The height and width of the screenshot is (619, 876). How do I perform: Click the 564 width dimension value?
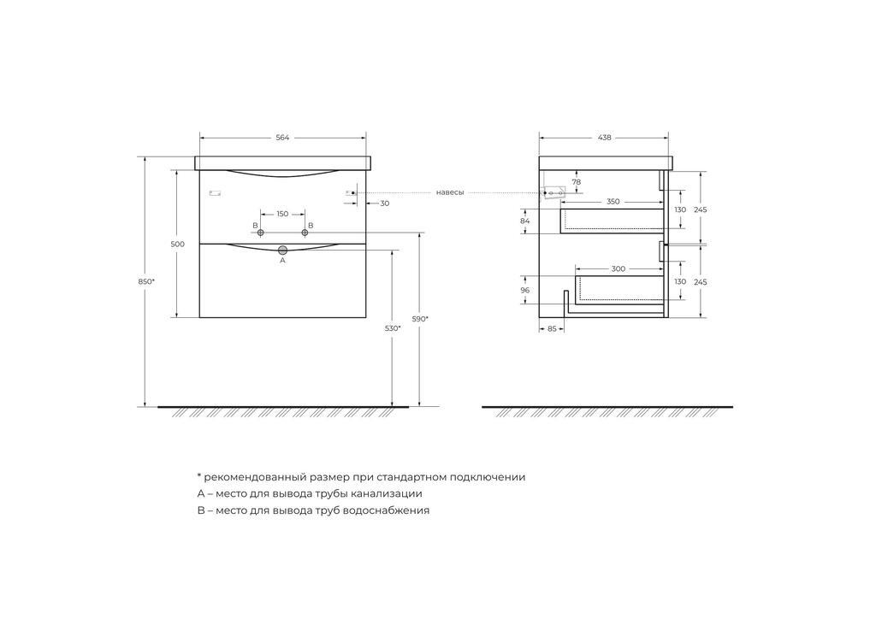pos(282,138)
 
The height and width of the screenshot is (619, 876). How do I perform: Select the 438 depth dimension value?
pos(605,138)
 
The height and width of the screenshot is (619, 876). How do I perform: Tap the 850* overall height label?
pos(146,282)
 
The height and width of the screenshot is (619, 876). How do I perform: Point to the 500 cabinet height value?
pos(178,244)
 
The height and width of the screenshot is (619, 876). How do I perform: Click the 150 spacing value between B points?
pos(282,214)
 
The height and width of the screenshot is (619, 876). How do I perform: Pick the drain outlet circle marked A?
pos(282,250)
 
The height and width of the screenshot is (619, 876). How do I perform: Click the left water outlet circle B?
pos(260,233)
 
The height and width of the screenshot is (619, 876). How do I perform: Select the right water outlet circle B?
pos(305,233)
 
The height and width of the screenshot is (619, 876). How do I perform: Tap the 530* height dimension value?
pos(393,328)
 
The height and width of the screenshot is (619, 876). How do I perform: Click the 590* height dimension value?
pos(420,319)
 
